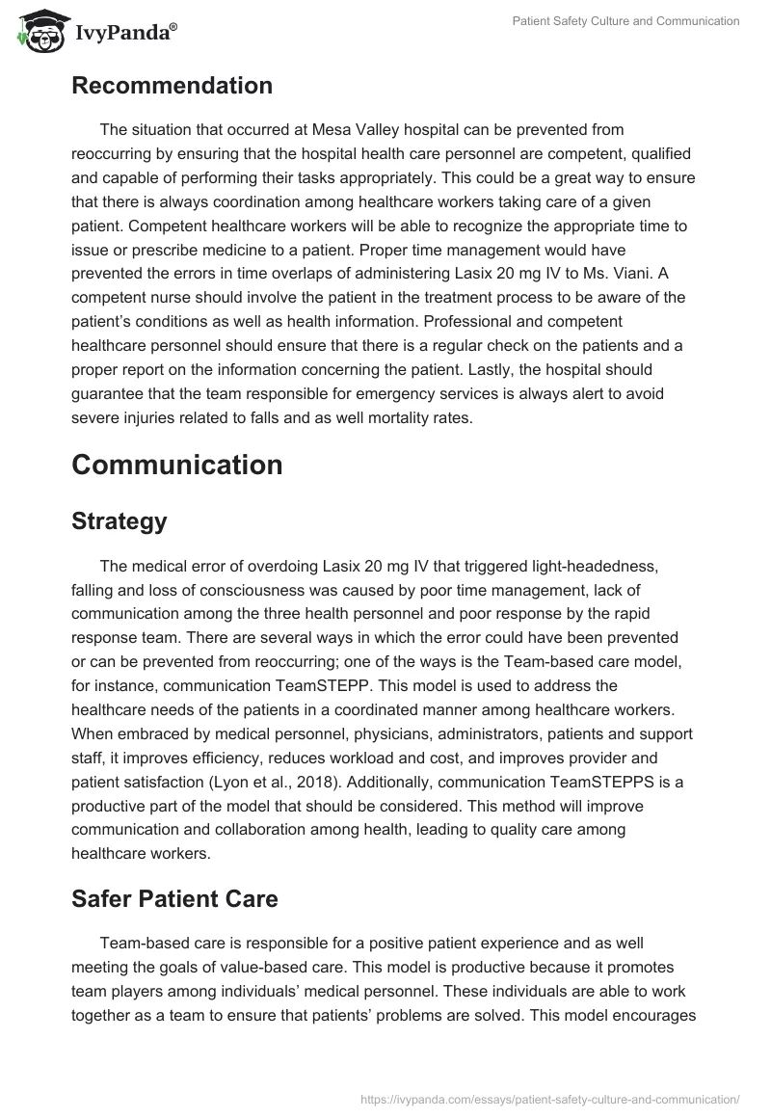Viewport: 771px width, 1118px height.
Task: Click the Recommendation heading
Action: [172, 85]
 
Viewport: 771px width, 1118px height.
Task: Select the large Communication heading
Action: [176, 464]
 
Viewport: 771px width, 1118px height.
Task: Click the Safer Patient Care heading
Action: [174, 898]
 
